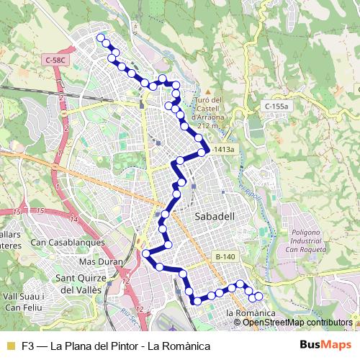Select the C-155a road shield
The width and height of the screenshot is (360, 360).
(276, 106)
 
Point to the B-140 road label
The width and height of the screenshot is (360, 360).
(225, 256)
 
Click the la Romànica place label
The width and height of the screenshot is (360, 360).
(251, 314)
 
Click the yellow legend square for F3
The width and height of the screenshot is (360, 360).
(10, 346)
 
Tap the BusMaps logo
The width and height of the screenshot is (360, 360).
(322, 345)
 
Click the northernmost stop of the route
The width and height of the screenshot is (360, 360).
(100, 37)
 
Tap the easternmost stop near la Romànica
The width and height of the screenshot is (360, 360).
(258, 297)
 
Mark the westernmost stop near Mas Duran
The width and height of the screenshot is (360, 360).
(146, 253)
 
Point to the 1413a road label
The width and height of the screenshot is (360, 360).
(223, 150)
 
